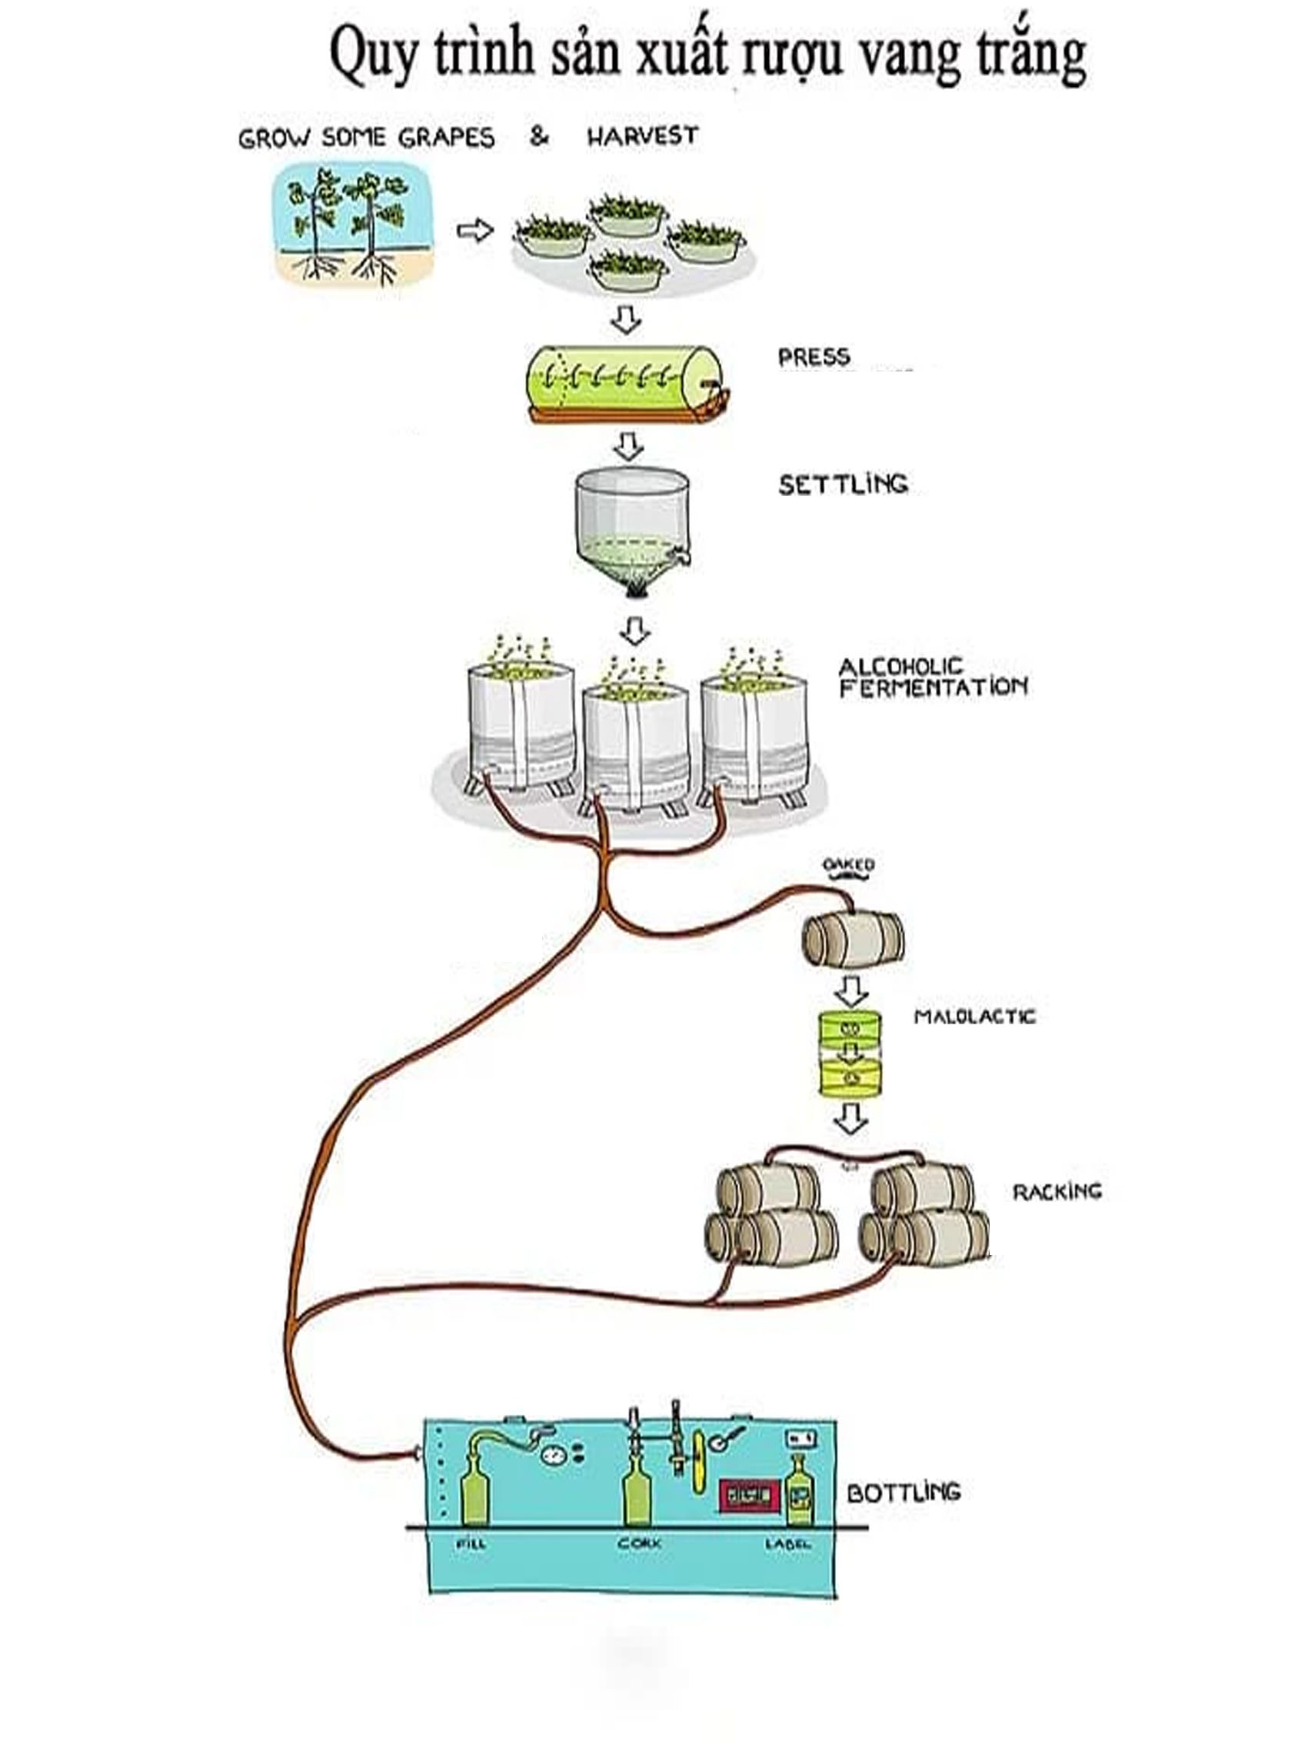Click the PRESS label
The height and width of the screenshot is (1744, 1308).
(x=813, y=357)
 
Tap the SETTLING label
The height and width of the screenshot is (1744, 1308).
(x=843, y=484)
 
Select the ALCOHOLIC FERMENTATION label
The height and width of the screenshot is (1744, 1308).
(x=932, y=678)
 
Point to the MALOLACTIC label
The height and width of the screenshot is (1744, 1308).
(x=974, y=1017)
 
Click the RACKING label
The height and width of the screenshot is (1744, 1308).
(x=1057, y=1190)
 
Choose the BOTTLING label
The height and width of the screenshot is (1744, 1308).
(x=904, y=1492)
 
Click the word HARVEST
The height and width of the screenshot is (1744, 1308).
(x=643, y=136)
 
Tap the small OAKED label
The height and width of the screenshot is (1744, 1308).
(x=848, y=865)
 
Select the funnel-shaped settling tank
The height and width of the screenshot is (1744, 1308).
(x=631, y=528)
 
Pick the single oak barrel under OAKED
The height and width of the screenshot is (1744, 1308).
(x=853, y=939)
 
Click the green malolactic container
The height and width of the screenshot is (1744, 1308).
(x=850, y=1053)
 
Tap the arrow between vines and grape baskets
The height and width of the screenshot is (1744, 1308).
(x=474, y=231)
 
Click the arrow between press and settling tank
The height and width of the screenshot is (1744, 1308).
(x=627, y=445)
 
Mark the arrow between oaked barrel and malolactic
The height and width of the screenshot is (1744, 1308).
(x=851, y=990)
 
